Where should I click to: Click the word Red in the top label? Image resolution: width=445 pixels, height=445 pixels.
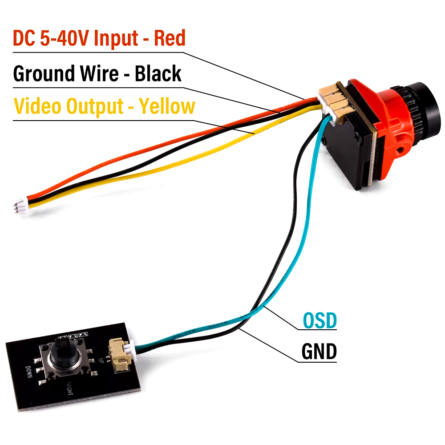(170, 38)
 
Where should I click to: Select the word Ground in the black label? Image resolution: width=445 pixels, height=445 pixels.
(44, 74)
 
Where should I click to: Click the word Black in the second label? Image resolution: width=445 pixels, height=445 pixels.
(158, 74)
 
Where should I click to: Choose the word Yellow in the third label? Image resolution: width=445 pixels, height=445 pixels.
(167, 107)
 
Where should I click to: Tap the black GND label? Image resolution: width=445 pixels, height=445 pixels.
(319, 352)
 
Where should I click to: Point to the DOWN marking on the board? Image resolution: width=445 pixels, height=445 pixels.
(29, 372)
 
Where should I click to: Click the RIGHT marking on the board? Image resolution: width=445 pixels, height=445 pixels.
(70, 388)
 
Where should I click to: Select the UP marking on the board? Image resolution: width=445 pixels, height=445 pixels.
(100, 360)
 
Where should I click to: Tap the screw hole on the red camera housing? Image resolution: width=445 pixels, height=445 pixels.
(401, 149)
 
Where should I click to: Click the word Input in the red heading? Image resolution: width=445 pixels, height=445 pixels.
(116, 38)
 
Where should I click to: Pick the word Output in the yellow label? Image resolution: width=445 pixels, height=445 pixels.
(95, 107)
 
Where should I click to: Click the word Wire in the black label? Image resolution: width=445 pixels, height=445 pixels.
(99, 74)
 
